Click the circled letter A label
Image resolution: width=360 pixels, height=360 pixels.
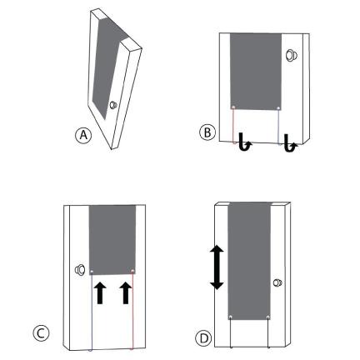tap(83, 135)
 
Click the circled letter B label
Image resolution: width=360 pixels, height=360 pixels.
tap(207, 132)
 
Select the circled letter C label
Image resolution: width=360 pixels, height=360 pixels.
tap(41, 333)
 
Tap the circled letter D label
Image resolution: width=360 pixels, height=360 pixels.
tap(203, 338)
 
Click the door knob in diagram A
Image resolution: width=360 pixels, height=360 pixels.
tap(113, 105)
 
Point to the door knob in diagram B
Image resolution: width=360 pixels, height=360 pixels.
tap(291, 55)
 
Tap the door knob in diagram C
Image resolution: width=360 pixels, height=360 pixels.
tap(80, 270)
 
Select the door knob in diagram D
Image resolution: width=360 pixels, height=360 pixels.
tap(277, 282)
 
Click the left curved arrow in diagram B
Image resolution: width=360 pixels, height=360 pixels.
tap(245, 142)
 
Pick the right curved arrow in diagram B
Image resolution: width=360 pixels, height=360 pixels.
tap(290, 142)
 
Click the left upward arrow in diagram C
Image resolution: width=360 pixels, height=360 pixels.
tap(100, 292)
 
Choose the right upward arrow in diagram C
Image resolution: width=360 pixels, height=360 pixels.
tap(126, 292)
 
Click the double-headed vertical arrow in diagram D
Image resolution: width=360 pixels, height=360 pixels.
tap(217, 268)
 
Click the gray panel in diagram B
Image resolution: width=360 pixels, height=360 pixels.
tap(256, 72)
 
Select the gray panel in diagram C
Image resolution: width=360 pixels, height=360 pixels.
tap(112, 240)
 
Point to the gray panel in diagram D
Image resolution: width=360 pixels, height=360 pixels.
tap(249, 261)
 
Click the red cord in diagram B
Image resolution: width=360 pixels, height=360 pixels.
tap(233, 126)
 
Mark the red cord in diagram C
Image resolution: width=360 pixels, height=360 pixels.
tap(132, 310)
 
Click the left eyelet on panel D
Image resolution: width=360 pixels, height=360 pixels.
tap(231, 317)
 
